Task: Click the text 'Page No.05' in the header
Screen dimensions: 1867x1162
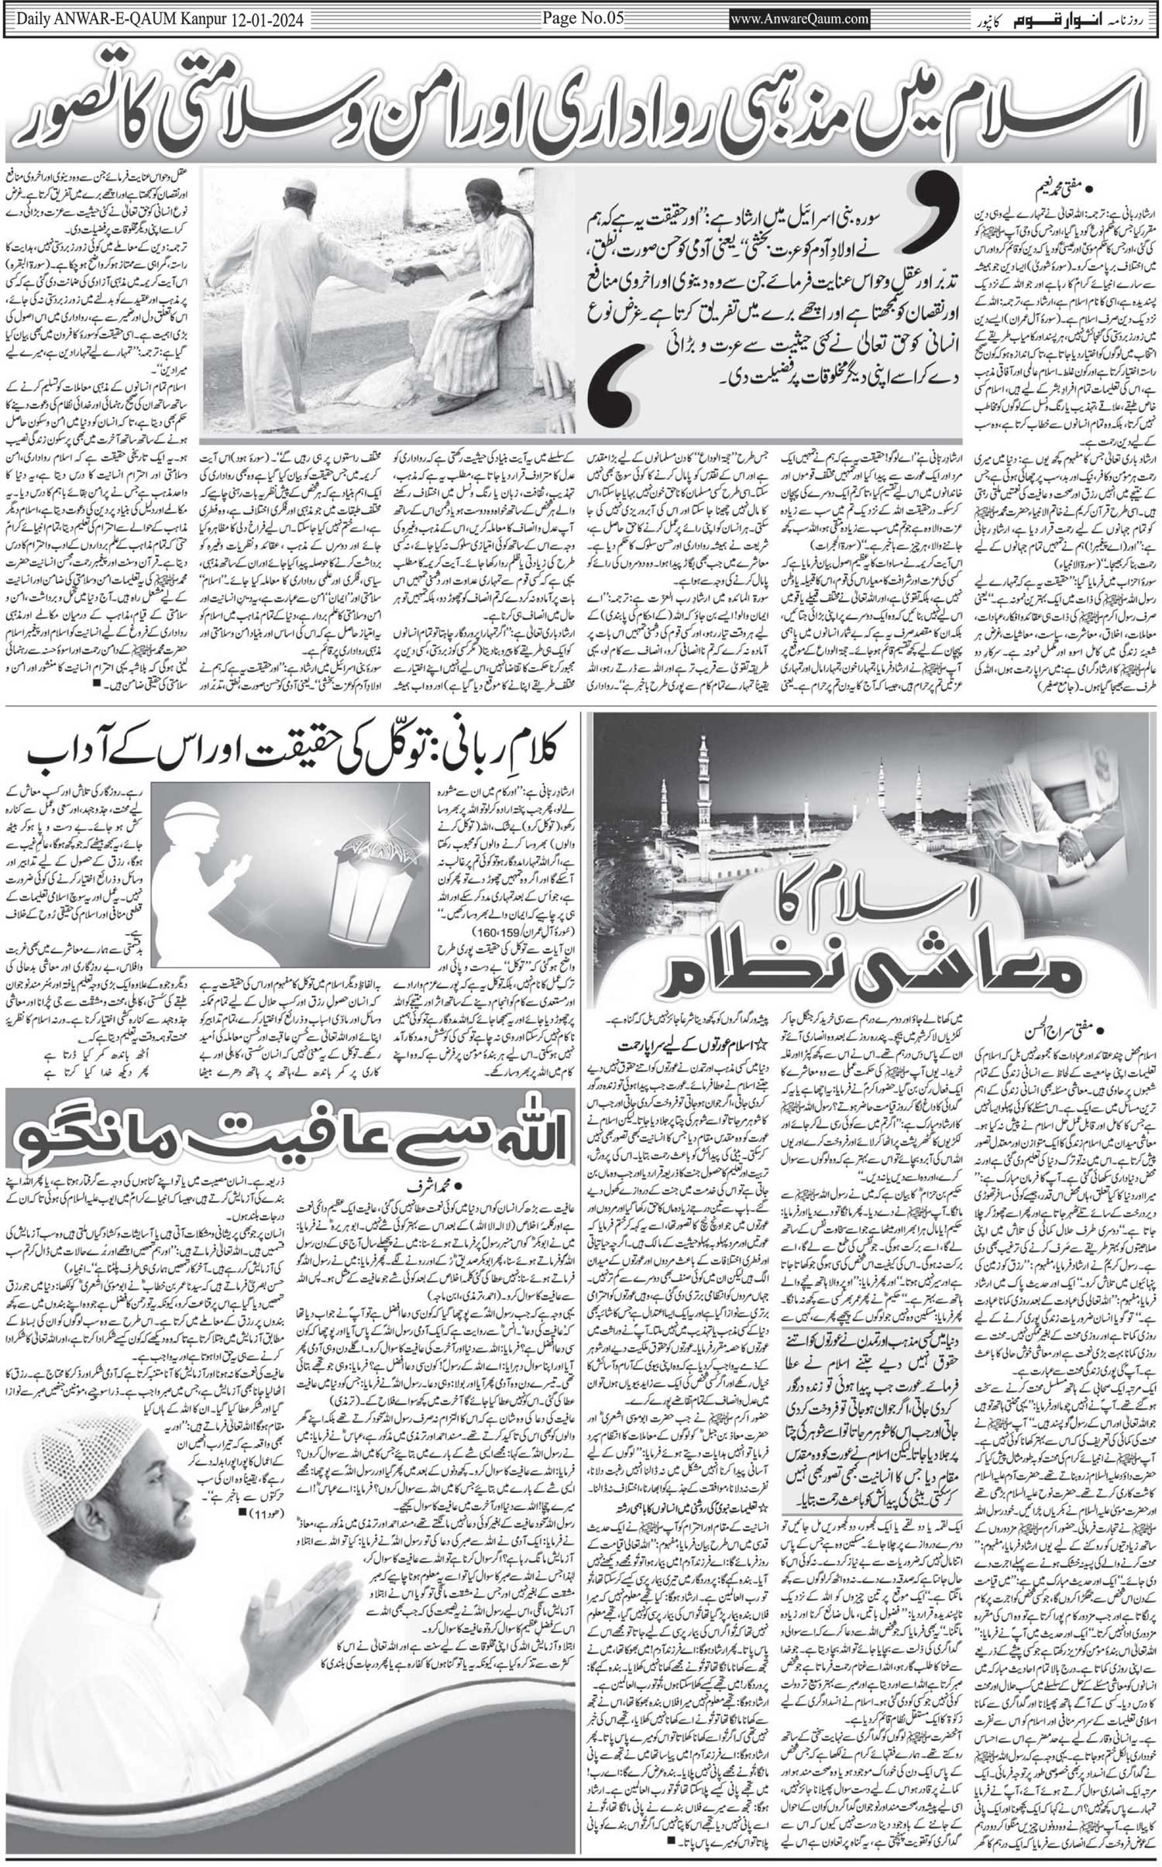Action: [x=583, y=19]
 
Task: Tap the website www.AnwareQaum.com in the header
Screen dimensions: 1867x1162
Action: [x=800, y=19]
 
